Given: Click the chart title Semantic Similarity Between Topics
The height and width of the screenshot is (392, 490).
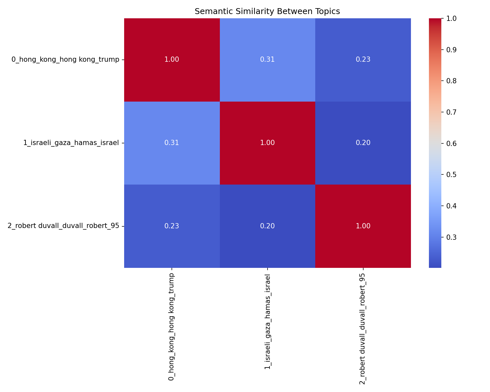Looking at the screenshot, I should click(x=267, y=11).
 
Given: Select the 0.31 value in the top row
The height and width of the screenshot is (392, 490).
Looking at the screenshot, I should click(x=267, y=59).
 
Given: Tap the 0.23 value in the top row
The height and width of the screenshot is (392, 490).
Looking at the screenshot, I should click(x=363, y=59).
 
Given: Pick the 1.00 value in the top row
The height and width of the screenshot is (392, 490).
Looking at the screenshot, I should click(x=171, y=59).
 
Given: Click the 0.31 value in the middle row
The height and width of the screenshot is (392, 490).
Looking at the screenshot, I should click(x=171, y=143).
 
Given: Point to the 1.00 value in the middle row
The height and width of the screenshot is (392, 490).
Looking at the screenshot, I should click(x=267, y=143).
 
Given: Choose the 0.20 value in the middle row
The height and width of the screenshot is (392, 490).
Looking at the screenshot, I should click(x=363, y=143).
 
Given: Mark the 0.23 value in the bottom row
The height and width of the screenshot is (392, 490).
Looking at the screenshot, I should click(x=171, y=226).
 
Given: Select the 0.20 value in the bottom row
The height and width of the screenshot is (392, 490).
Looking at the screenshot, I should click(x=267, y=226).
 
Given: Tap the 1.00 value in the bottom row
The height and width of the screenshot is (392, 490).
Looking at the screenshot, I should click(x=363, y=226).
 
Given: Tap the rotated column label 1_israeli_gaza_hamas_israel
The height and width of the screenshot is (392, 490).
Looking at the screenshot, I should click(x=267, y=322).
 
